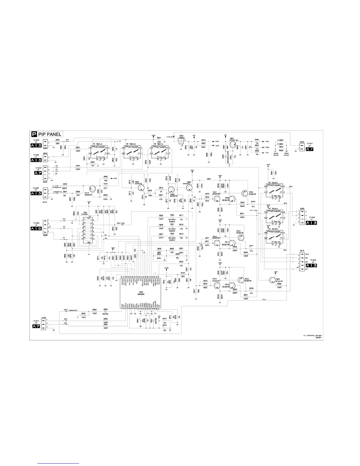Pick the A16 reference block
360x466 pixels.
[37, 228]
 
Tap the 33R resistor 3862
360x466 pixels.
[58, 142]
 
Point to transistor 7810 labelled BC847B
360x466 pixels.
[217, 242]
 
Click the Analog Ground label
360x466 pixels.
[276, 155]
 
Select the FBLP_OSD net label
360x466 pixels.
[121, 223]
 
